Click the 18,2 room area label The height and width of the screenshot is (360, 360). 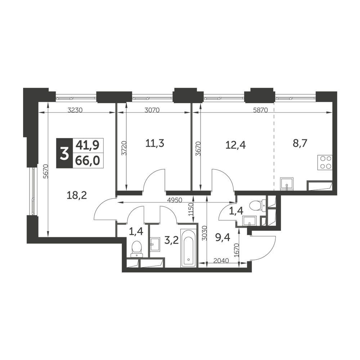77,195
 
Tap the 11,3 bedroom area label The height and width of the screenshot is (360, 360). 155,144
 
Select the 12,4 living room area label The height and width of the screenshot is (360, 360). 235,145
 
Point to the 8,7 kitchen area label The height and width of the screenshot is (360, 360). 300,144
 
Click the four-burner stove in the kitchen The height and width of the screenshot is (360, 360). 325,163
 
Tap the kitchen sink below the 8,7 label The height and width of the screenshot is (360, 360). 287,184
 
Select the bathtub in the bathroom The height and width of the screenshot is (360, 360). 189,248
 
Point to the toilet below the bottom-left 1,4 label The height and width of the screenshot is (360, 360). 137,249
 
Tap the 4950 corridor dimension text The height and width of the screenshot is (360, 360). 175,200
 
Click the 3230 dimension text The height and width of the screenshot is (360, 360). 75,110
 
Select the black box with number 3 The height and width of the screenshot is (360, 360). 64,153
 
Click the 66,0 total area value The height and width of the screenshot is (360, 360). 88,161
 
